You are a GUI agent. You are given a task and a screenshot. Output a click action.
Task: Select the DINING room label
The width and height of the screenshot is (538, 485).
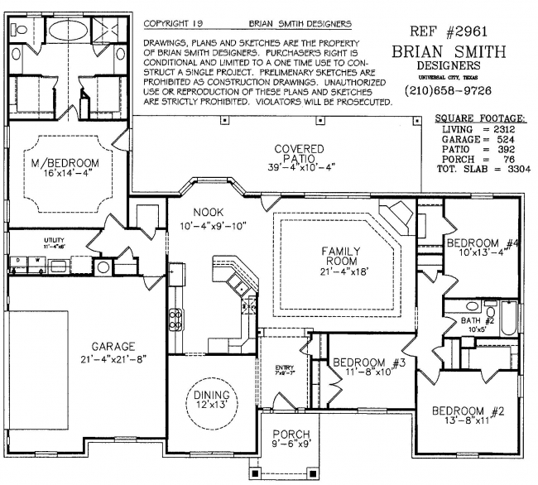211,396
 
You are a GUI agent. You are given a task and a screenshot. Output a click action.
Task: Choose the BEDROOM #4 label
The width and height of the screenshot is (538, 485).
483,243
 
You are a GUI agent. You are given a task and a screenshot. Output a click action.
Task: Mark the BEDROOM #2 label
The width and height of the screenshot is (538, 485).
468,411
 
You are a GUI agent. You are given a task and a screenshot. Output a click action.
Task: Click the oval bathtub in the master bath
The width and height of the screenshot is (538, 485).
63,31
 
